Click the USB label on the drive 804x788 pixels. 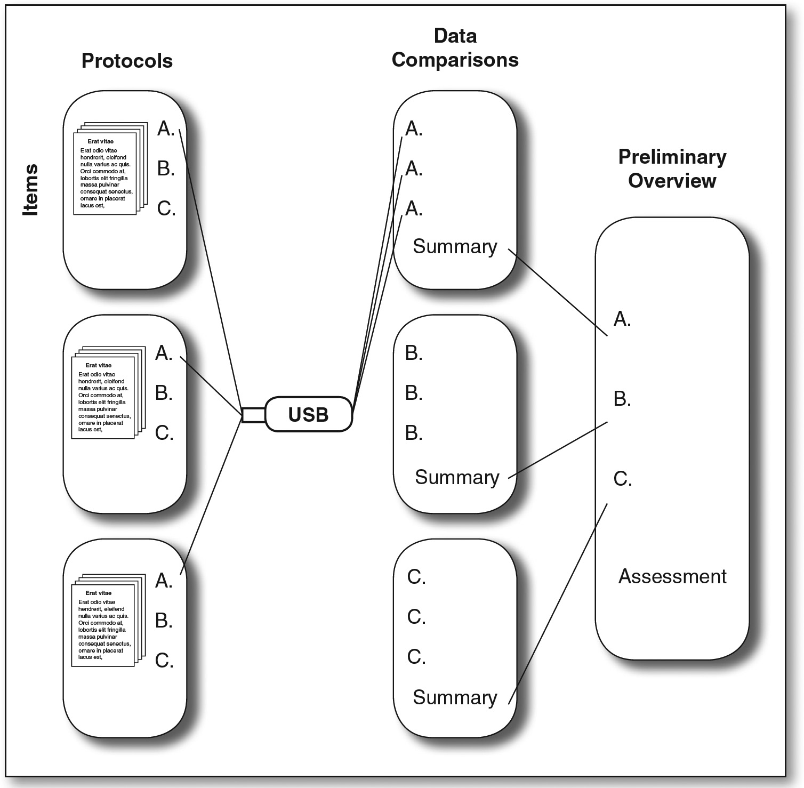click(308, 415)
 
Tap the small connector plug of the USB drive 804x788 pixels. click(253, 415)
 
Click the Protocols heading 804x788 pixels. click(127, 61)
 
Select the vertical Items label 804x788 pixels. click(31, 190)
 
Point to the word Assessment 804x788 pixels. click(672, 576)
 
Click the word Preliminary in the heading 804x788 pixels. click(672, 157)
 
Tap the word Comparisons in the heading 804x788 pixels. click(455, 60)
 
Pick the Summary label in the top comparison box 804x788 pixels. click(455, 246)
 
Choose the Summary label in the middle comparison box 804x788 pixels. click(457, 477)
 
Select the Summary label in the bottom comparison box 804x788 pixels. click(455, 697)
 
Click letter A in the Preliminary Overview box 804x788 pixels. click(622, 319)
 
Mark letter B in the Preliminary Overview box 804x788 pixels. click(622, 399)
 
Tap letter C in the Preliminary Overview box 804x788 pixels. click(622, 479)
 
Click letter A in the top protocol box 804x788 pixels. click(166, 128)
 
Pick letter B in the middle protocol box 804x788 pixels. click(164, 393)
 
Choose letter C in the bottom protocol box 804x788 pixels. click(164, 661)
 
